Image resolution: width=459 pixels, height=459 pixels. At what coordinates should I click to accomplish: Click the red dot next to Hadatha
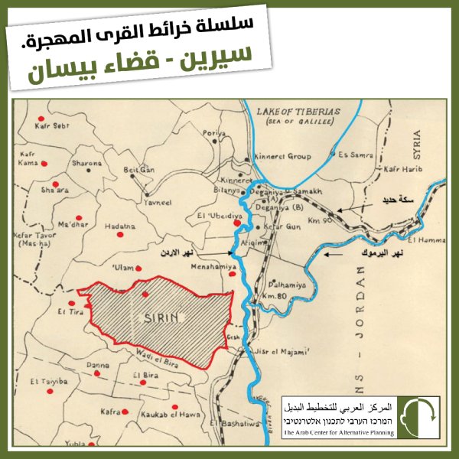pos(119,235)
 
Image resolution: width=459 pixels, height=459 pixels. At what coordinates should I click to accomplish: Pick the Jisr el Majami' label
pos(285,353)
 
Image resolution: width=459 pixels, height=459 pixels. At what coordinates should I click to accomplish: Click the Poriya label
pos(213,133)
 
